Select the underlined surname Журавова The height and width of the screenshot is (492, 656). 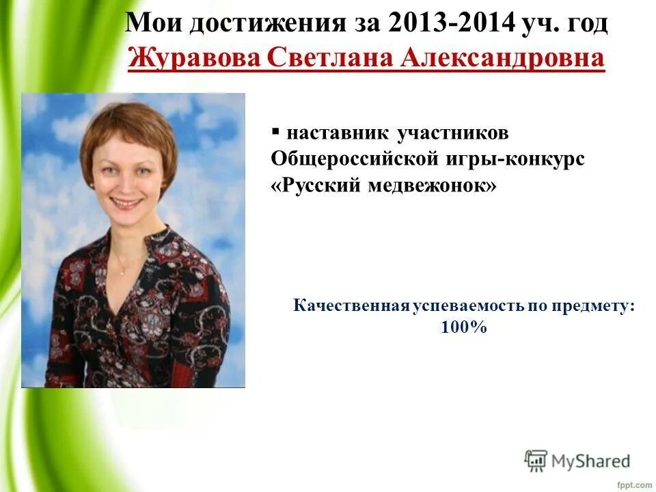195,58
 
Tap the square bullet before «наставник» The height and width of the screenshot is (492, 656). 275,129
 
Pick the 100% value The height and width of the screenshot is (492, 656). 464,327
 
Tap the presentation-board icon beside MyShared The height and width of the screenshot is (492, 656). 536,461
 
